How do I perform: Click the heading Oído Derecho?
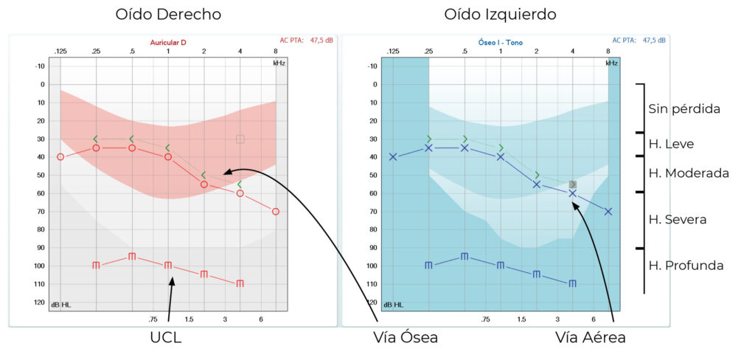pyautogui.click(x=168, y=15)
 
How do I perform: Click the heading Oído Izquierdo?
pyautogui.click(x=501, y=15)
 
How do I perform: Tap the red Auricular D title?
pyautogui.click(x=168, y=43)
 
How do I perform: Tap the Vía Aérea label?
pyautogui.click(x=592, y=338)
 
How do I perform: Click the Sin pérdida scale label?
pyautogui.click(x=684, y=108)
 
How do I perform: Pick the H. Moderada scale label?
pyautogui.click(x=689, y=173)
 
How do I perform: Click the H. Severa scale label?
pyautogui.click(x=678, y=219)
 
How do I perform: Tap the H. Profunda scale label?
pyautogui.click(x=686, y=265)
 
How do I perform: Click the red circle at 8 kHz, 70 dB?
pyautogui.click(x=276, y=212)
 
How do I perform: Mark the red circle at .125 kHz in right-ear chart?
pyautogui.click(x=60, y=156)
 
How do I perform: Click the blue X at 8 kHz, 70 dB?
pyautogui.click(x=608, y=212)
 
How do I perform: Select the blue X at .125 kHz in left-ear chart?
pyautogui.click(x=393, y=156)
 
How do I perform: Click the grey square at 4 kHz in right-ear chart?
pyautogui.click(x=240, y=139)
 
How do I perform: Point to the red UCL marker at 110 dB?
pyautogui.click(x=240, y=283)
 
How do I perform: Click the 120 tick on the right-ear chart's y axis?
pyautogui.click(x=39, y=302)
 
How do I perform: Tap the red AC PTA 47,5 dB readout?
pyautogui.click(x=306, y=40)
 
